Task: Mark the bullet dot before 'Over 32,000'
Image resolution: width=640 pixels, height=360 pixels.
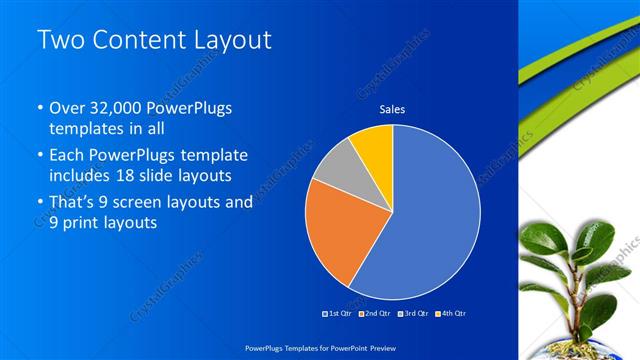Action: point(39,109)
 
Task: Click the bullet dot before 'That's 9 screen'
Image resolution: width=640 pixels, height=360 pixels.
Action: point(39,202)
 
